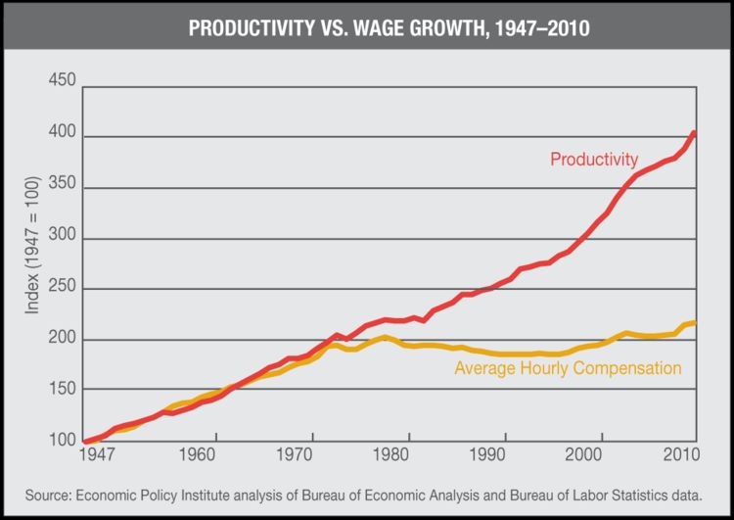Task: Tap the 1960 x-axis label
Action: (198, 455)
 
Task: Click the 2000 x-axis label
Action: (584, 455)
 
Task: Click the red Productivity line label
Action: (593, 159)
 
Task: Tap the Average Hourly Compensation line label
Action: (568, 368)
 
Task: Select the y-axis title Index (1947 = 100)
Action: (33, 260)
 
